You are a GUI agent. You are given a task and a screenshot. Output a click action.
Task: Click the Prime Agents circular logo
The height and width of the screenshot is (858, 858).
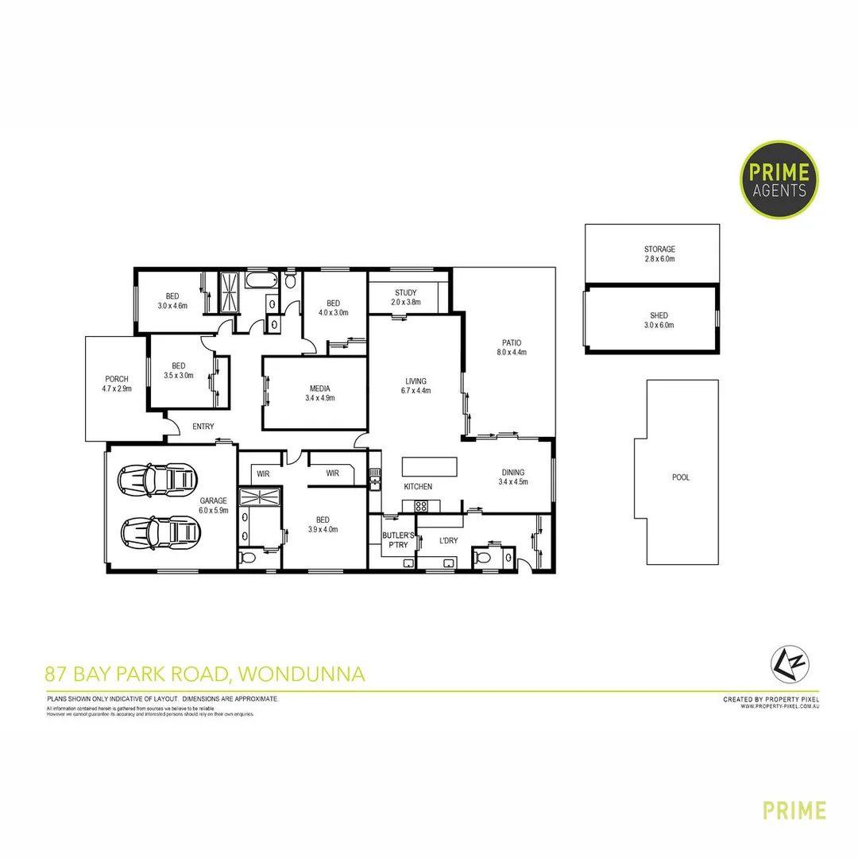779,179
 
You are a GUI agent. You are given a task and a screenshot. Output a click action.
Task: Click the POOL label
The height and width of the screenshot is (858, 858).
681,477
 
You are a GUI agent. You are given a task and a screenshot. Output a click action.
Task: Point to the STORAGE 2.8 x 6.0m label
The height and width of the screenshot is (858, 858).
659,254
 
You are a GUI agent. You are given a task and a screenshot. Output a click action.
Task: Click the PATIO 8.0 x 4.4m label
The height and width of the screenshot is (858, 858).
512,347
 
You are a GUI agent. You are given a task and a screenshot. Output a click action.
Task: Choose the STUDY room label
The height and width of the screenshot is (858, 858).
405,298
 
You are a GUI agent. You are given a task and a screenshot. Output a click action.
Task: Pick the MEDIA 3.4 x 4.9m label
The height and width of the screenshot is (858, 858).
320,393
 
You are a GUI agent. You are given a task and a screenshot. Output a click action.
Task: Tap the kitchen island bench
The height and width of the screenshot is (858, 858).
430,465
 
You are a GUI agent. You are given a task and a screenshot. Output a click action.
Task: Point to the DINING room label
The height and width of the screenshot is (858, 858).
512,477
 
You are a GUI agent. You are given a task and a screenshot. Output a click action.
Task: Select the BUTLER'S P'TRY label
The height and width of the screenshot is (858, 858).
395,540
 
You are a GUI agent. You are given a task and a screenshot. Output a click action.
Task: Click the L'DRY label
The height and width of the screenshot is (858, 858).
448,540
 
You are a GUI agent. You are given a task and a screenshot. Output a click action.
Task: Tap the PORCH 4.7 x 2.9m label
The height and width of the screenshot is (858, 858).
117,384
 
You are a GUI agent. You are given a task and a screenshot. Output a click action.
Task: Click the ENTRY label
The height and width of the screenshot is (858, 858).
203,427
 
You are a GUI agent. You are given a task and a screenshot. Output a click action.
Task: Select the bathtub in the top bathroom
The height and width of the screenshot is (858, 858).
261,281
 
